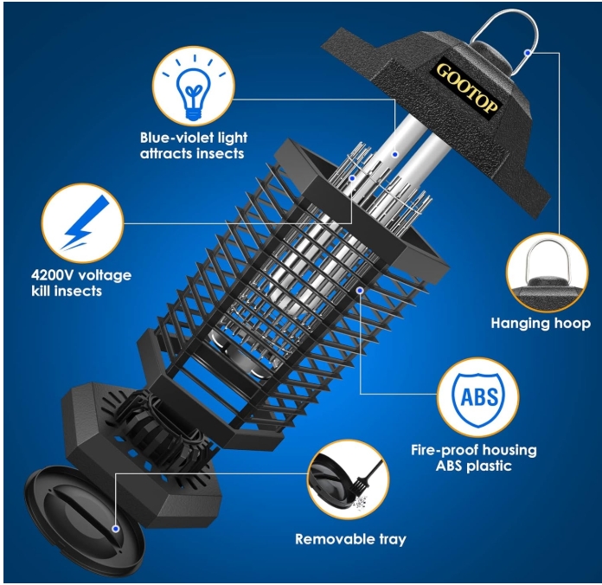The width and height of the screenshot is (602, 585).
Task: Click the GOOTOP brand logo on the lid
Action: point(468,89)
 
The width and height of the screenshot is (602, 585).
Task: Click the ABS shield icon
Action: point(478,399)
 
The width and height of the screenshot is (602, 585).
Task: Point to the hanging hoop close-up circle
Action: point(548,273)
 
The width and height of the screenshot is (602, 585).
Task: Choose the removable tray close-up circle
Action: point(349,479)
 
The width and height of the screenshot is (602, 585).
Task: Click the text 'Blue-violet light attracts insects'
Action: point(194,145)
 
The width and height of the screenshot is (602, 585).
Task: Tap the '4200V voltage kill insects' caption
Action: point(81,283)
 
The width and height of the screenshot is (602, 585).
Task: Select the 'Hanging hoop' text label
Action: point(541,324)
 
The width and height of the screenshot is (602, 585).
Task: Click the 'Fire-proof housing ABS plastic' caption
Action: point(474,458)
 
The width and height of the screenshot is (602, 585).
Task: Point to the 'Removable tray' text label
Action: point(350,539)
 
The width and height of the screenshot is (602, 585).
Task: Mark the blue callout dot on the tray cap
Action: point(116,529)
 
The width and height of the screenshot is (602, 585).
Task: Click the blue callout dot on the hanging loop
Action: point(528,52)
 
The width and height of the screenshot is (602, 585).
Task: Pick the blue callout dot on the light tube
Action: point(395,154)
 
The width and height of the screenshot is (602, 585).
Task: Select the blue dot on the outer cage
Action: point(360,291)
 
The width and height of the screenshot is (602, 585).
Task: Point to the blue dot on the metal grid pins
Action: point(352,178)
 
